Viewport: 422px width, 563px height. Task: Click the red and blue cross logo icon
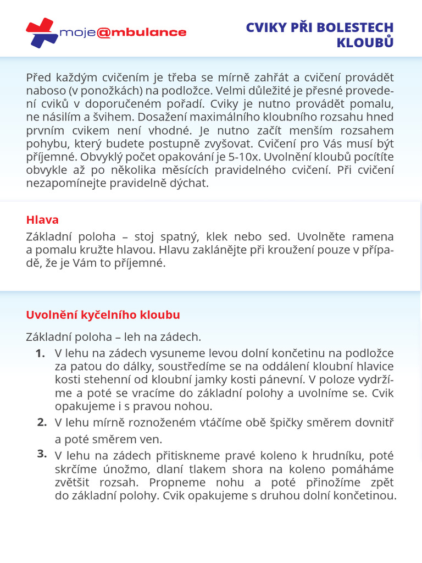click(x=42, y=32)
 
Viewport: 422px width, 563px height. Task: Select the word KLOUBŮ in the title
click(x=365, y=43)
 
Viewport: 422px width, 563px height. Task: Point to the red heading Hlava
click(x=42, y=220)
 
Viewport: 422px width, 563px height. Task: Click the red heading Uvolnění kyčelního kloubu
click(x=103, y=315)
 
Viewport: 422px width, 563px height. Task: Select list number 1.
click(x=40, y=354)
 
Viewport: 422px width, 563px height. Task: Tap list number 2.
click(x=42, y=422)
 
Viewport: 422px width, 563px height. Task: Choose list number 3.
click(x=42, y=454)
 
